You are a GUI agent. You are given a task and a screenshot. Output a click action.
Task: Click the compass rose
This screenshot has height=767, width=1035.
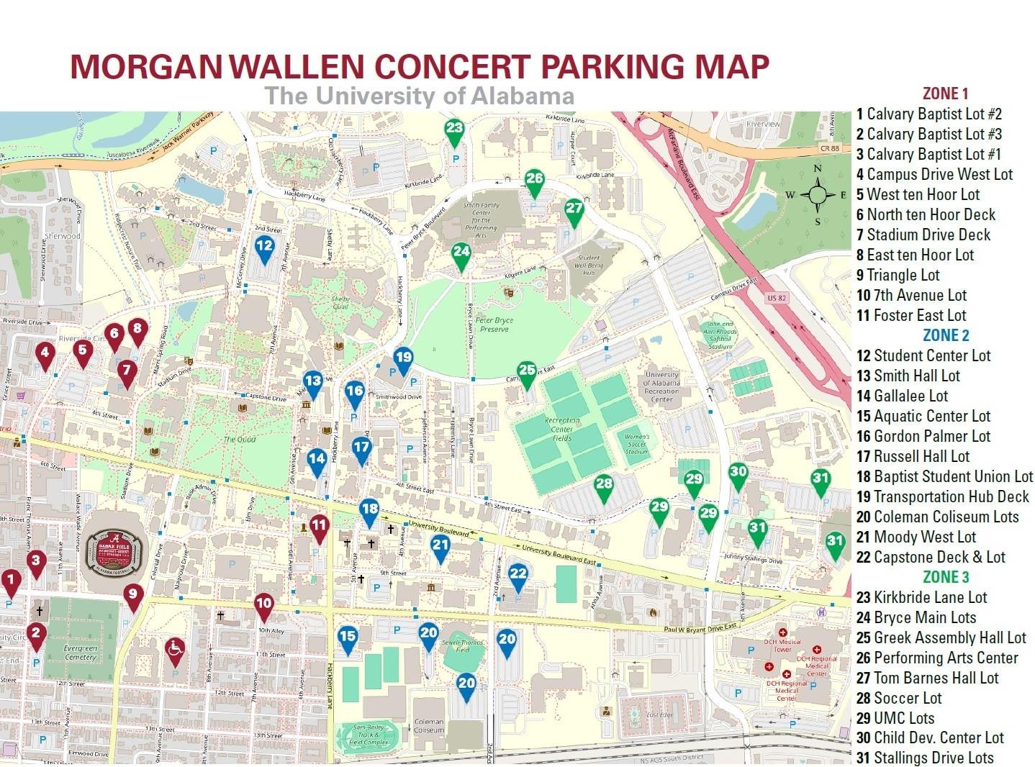coord(818,194)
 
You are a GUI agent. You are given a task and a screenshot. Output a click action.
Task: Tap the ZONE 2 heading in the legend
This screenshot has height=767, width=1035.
coord(945,335)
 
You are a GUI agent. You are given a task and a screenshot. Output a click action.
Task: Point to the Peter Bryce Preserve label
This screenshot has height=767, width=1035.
coord(494,324)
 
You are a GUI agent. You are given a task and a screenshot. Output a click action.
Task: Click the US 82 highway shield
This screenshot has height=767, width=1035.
coord(776,297)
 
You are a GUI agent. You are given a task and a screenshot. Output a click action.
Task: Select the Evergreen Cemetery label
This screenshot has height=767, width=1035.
coord(80,651)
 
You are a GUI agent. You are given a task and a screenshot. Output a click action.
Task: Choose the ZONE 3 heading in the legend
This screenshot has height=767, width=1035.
coord(945,577)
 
